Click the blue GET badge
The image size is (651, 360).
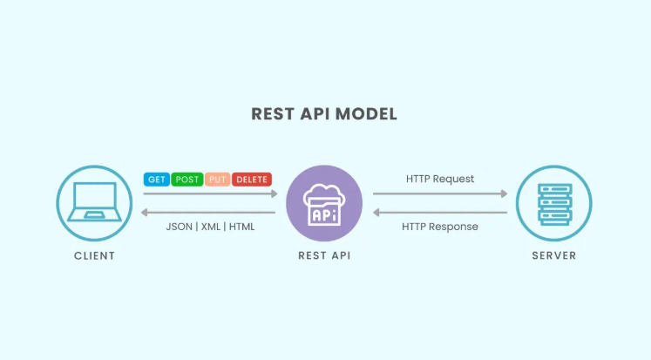157,180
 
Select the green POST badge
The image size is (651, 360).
187,180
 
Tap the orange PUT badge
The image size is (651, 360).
218,180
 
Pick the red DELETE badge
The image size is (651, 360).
252,180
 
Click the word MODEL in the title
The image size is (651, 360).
366,114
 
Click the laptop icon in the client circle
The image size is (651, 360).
95,202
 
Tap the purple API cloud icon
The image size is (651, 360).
324,204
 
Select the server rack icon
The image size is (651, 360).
554,204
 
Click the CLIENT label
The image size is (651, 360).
95,255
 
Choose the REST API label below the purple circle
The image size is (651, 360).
325,255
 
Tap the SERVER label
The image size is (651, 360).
554,255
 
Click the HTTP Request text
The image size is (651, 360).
440,179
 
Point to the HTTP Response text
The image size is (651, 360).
440,227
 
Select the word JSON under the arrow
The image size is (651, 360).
180,227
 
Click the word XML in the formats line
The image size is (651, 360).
211,227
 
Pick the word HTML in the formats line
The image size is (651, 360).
242,227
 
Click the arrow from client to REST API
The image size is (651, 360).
211,194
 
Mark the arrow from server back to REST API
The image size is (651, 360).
440,213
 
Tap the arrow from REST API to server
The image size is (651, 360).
440,194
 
